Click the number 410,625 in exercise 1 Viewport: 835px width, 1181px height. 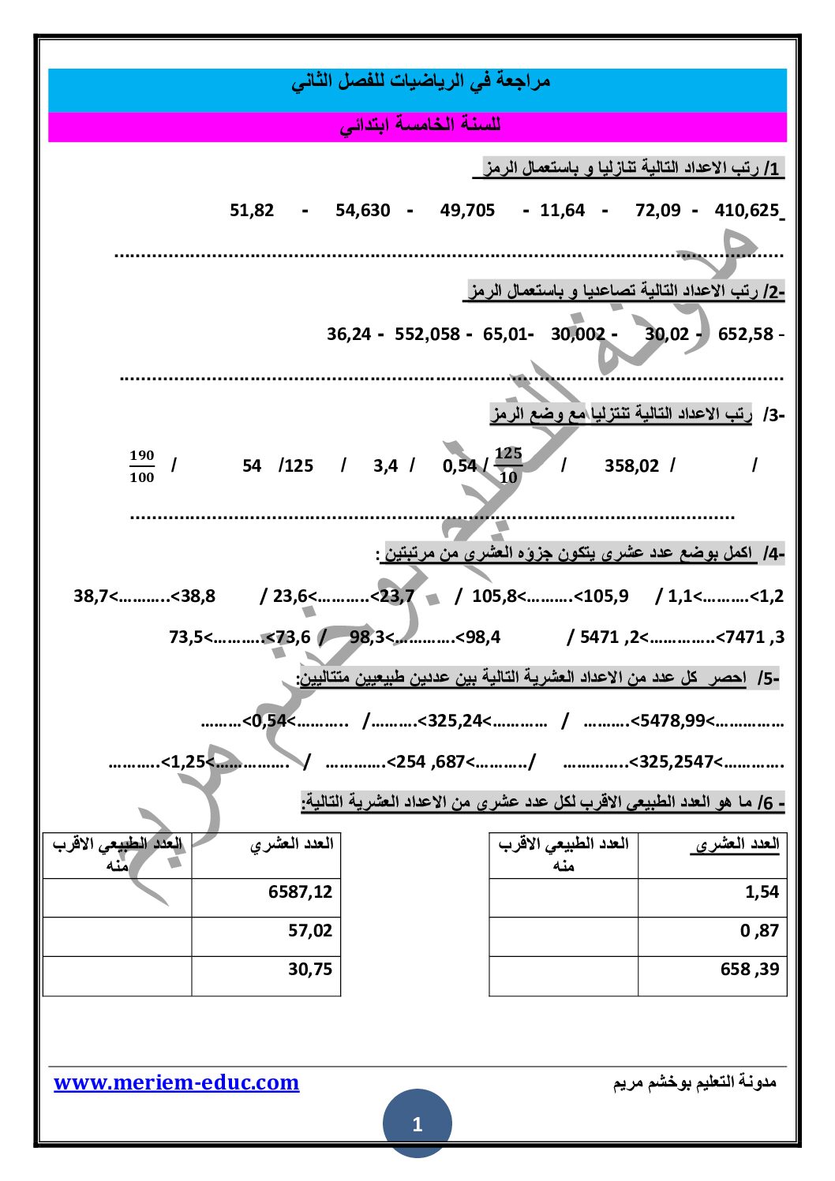[x=746, y=211]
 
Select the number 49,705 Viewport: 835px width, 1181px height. [x=467, y=211]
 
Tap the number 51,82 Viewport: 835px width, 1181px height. [x=252, y=211]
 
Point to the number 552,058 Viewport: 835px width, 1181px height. [x=427, y=334]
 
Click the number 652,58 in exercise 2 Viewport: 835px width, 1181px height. [x=745, y=334]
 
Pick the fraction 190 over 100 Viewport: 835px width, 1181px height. [x=142, y=466]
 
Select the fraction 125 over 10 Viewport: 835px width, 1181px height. [x=508, y=465]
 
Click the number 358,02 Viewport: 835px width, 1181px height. [x=631, y=466]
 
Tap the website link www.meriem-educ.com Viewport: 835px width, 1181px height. [x=177, y=1082]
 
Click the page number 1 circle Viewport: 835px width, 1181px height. [x=417, y=1123]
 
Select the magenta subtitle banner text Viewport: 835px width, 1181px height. [x=420, y=126]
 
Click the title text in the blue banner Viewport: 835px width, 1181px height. [x=420, y=81]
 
